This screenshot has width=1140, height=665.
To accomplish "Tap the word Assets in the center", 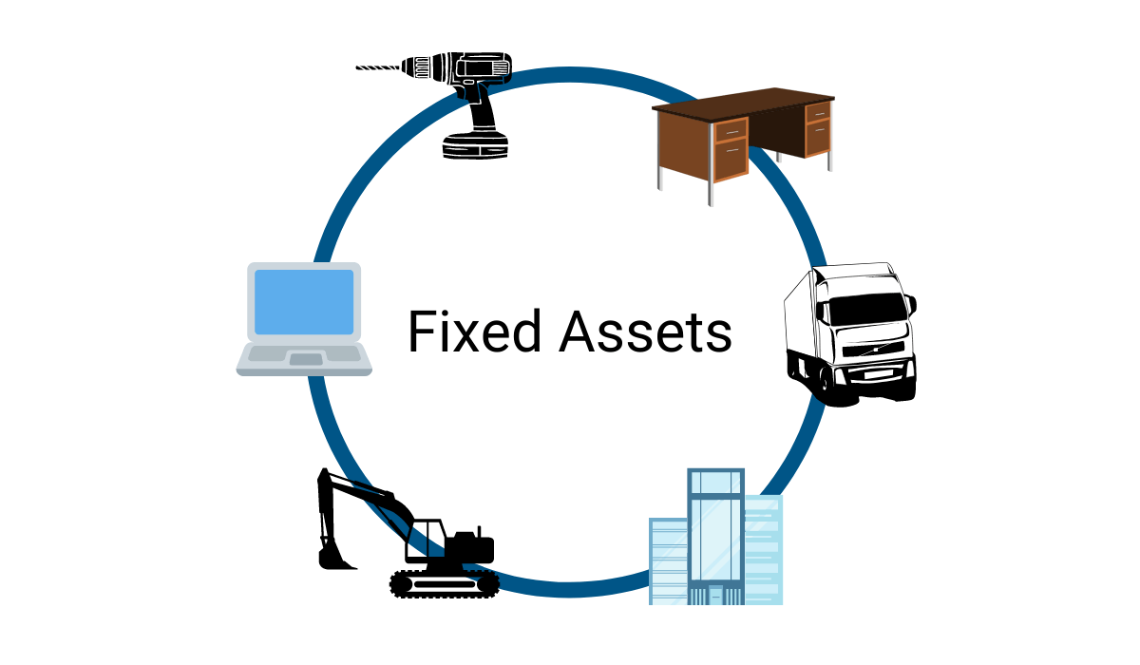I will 645,332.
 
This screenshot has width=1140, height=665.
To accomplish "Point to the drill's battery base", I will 475,143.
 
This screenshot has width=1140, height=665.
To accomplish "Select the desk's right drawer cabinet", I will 817,129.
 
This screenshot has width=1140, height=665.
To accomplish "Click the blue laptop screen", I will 304,301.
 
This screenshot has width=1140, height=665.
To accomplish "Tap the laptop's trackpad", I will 305,359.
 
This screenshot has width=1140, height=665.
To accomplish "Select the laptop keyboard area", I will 304,351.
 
